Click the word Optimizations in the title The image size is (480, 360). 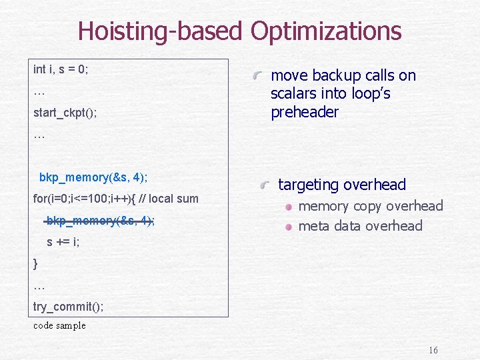point(326,31)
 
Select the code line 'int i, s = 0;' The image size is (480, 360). point(61,69)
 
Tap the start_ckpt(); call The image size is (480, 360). point(65,113)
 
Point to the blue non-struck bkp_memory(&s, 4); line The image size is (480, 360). point(93,177)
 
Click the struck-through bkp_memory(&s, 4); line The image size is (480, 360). point(100,221)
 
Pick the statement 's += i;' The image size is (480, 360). point(63,242)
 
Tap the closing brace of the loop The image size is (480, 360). point(35,263)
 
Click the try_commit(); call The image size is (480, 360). point(68,307)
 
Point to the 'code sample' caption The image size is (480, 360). point(59,325)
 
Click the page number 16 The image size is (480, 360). point(433,350)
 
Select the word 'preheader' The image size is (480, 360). point(304,112)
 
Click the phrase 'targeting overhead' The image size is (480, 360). point(341,185)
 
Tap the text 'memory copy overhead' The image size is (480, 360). point(370,206)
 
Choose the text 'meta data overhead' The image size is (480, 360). point(360,226)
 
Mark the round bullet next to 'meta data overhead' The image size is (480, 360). point(288,227)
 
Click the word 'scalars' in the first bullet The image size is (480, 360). point(294,94)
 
